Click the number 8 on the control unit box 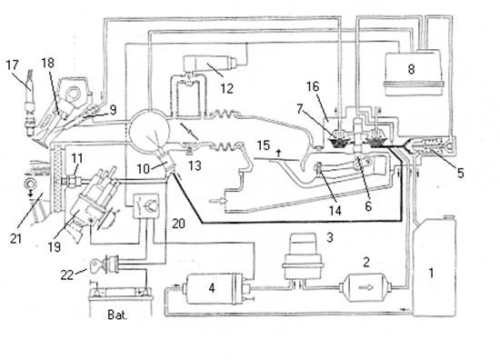[411, 69]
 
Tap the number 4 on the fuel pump [212, 288]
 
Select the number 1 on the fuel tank [431, 273]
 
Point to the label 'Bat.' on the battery [117, 315]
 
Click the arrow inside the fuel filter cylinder [366, 287]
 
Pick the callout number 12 [226, 89]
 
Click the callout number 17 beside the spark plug [13, 65]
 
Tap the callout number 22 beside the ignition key [67, 275]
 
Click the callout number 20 [178, 224]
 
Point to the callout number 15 [264, 145]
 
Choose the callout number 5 [461, 173]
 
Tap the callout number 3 [330, 237]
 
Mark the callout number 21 [15, 238]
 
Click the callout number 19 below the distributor [55, 246]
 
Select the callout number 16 [313, 86]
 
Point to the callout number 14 [335, 210]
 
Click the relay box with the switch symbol [145, 206]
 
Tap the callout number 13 [195, 165]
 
